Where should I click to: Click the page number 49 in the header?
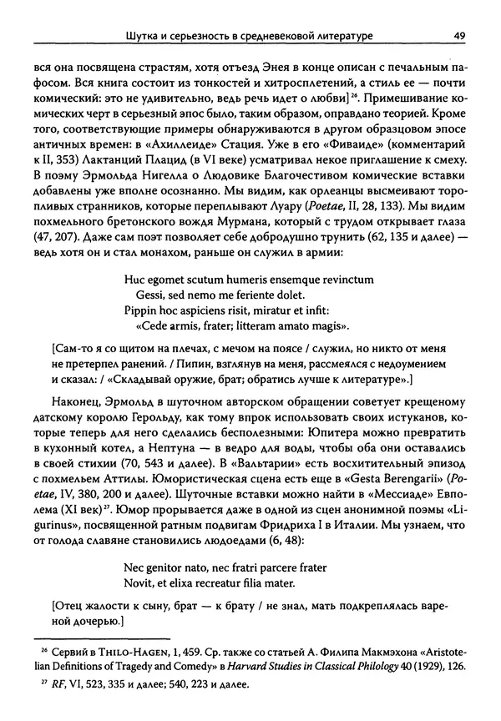[x=458, y=36]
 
